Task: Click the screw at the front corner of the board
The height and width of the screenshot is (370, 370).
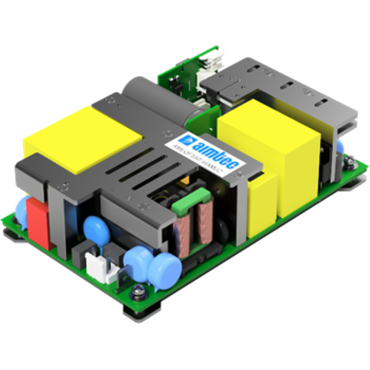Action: click(x=138, y=296)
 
